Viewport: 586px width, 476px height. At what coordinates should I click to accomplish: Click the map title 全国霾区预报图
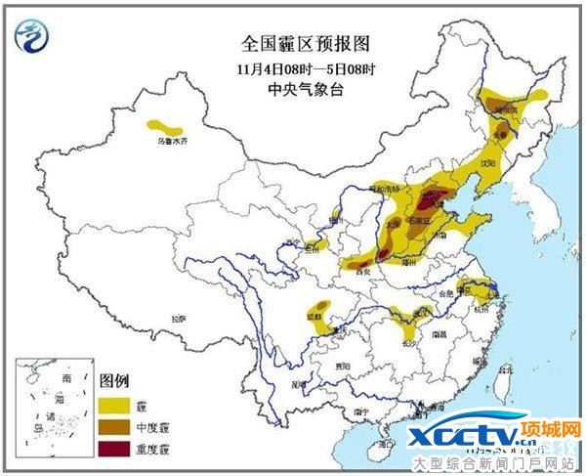293,44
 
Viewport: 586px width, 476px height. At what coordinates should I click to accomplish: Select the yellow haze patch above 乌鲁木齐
166,126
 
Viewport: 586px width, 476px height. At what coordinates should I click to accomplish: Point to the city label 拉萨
178,319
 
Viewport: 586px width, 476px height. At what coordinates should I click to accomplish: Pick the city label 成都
313,316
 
